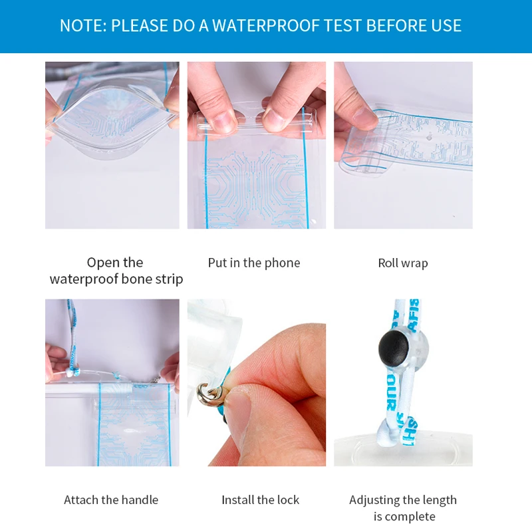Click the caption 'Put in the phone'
point(254,263)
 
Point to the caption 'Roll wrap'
point(403,263)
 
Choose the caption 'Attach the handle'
point(111,499)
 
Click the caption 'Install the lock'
point(260,499)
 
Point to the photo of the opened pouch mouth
point(112,145)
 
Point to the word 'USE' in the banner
point(446,26)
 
